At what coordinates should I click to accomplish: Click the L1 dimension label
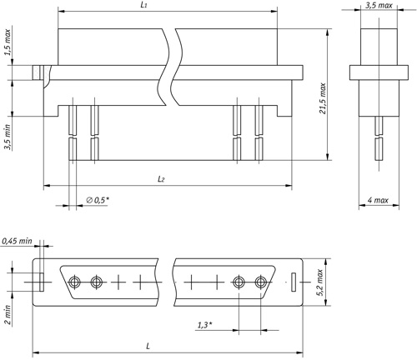click(143, 5)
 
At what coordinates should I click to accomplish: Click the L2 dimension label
click(161, 179)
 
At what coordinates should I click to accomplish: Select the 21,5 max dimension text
click(323, 98)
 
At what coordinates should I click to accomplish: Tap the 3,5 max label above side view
click(379, 5)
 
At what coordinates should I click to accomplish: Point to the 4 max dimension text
click(378, 200)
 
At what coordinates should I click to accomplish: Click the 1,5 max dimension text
click(8, 42)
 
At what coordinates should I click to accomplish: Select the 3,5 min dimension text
click(8, 137)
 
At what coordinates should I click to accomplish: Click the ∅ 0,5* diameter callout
click(98, 200)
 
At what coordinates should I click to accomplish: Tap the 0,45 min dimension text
click(17, 241)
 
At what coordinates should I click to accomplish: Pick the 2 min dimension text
click(8, 315)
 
